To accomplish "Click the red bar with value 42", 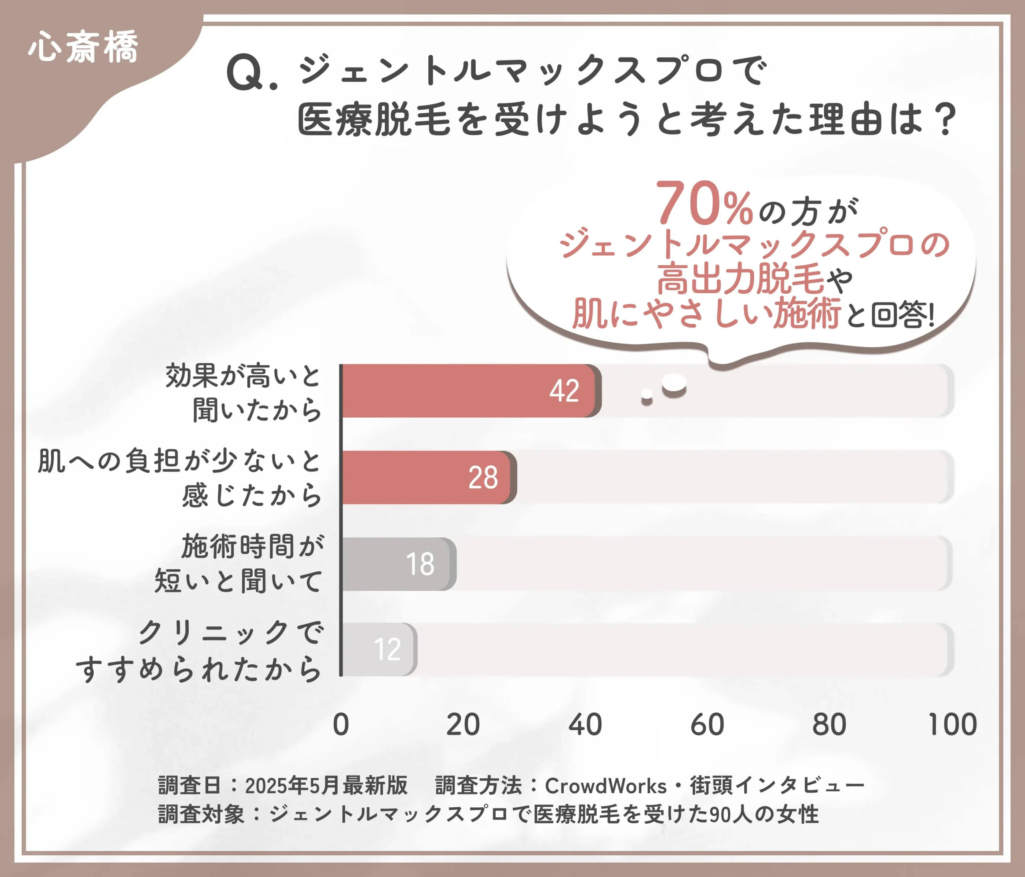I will point(470,391).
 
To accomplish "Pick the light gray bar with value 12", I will point(378,649).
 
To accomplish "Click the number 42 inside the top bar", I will point(564,391).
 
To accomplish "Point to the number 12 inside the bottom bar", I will point(387,650).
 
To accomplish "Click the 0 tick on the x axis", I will point(341,725).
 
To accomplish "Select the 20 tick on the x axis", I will point(462,725).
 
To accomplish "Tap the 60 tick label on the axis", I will point(707,725).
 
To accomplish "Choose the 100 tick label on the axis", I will point(952,725).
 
